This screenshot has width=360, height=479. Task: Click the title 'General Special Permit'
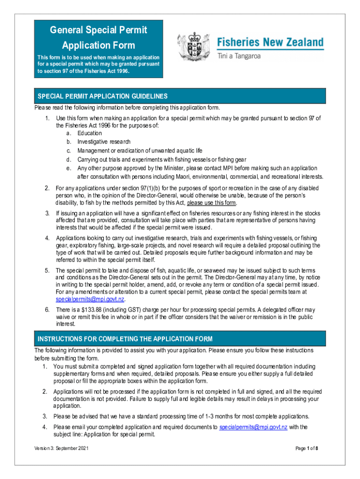point(98,30)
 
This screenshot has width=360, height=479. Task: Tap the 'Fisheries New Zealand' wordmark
point(270,43)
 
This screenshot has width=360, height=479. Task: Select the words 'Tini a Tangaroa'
point(239,57)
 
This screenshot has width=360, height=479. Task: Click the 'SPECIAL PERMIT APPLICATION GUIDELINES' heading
point(102,96)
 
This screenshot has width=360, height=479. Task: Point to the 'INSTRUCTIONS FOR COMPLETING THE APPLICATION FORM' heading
point(125,339)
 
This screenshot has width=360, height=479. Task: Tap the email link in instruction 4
point(253,427)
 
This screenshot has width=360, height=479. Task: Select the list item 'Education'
point(90,133)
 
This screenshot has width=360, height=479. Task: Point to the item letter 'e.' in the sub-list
point(69,168)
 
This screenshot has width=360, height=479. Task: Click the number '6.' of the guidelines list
point(47,310)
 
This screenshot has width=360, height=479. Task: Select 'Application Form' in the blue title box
point(98,45)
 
